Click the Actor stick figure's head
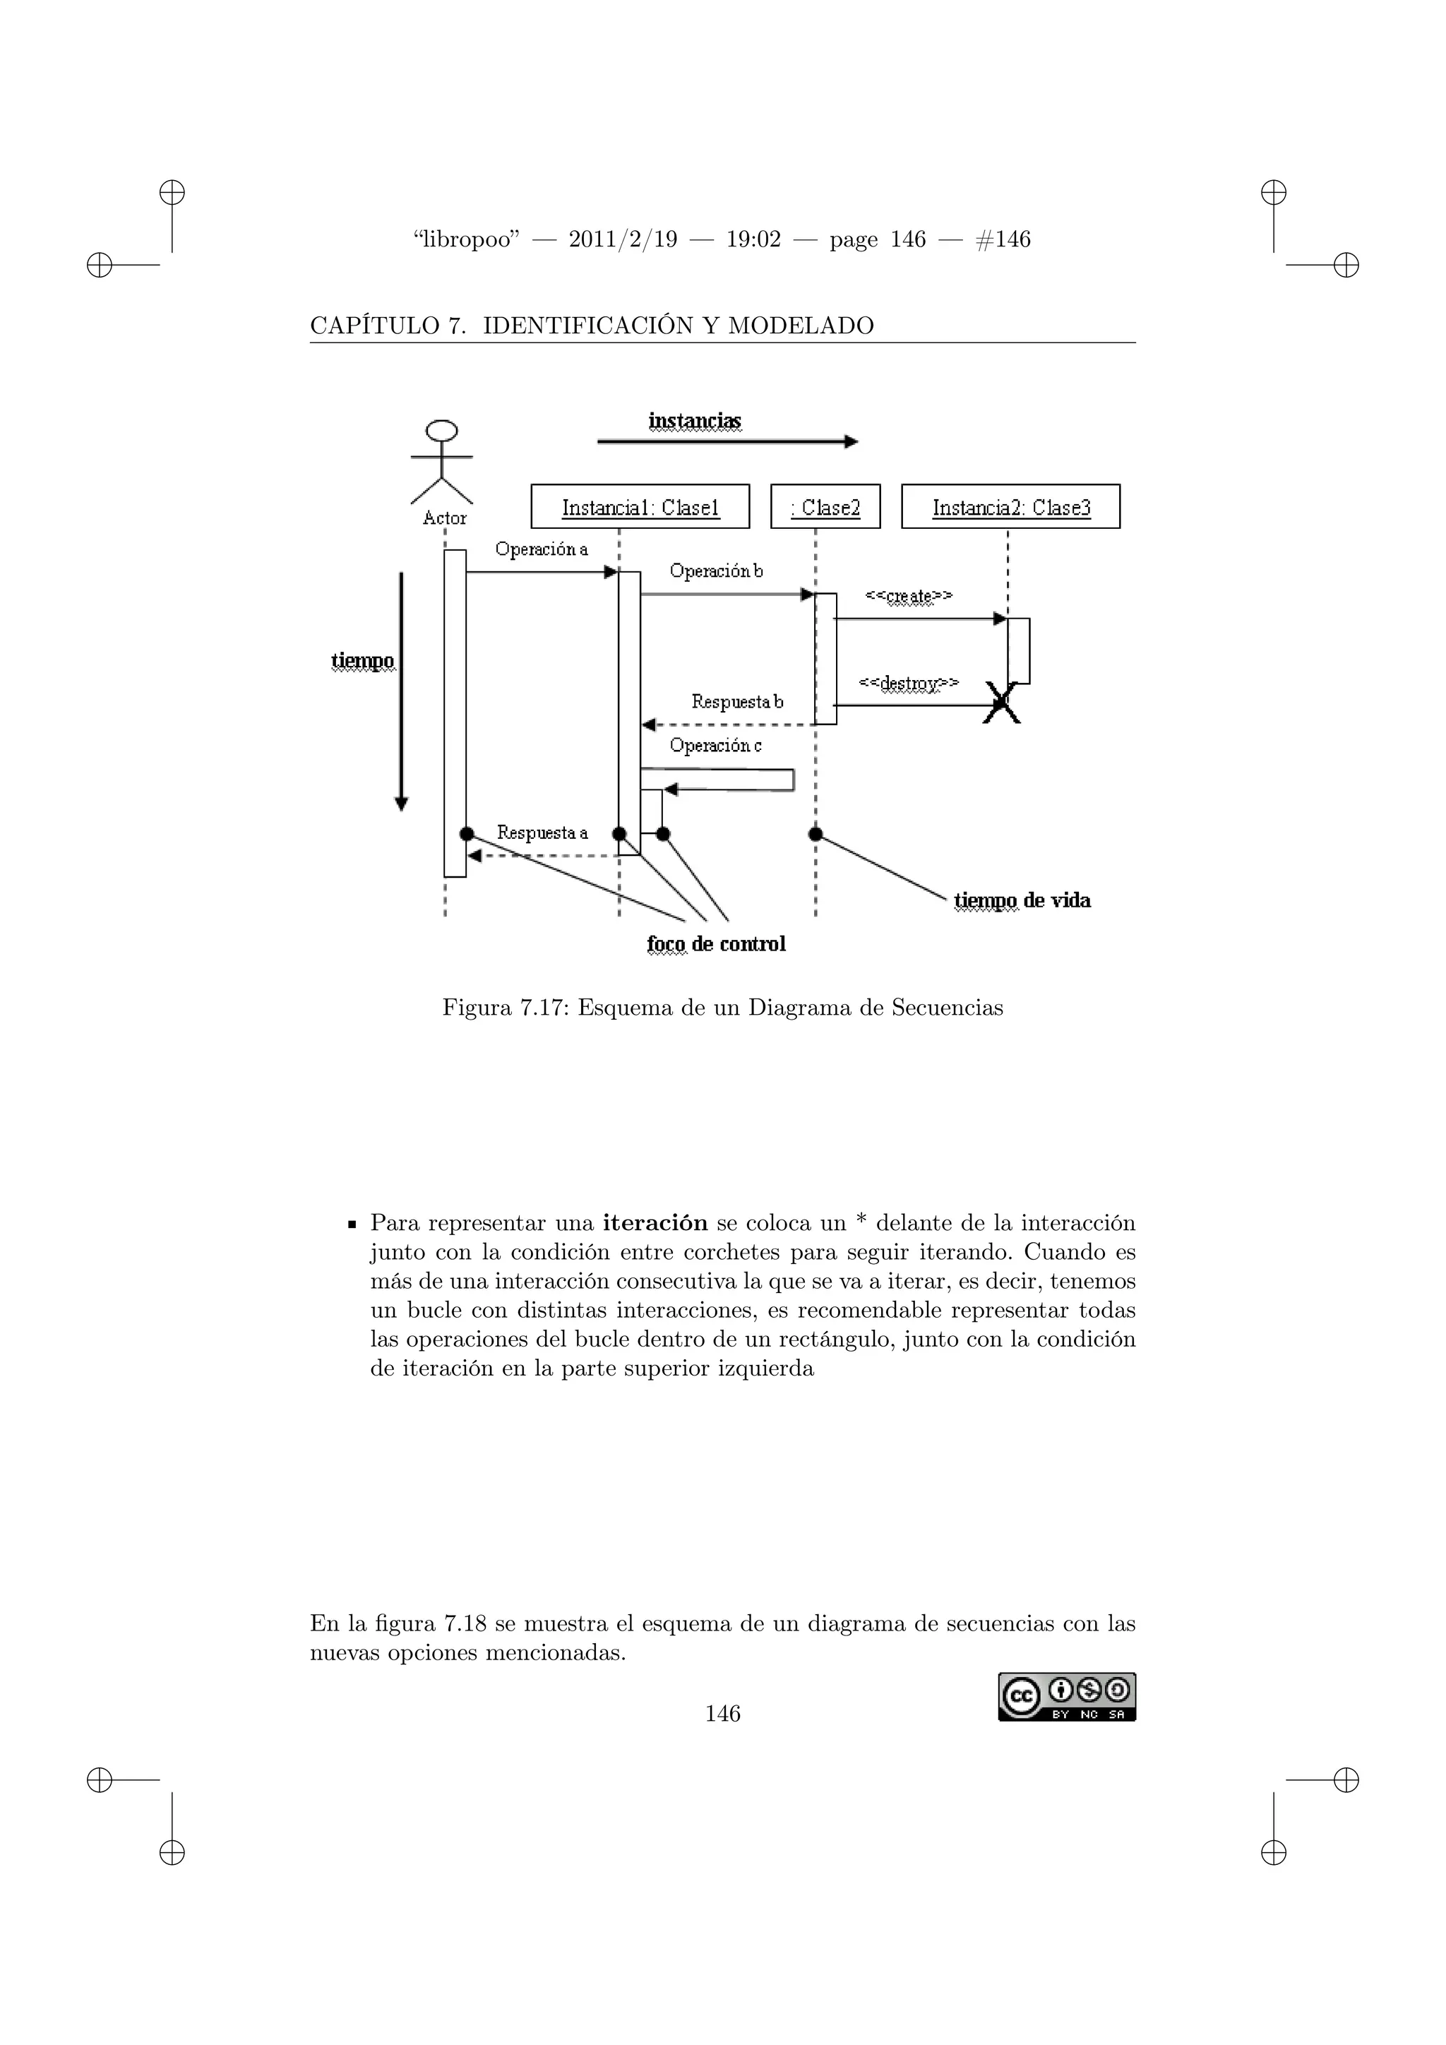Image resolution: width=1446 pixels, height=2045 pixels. (x=441, y=431)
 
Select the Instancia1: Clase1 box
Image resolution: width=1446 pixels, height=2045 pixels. (x=640, y=507)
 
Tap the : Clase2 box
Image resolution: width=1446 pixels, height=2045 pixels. (x=825, y=507)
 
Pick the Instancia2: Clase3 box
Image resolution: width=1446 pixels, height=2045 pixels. (x=1010, y=507)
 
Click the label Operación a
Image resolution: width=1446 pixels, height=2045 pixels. (x=542, y=549)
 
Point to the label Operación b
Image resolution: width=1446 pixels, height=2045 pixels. (x=716, y=571)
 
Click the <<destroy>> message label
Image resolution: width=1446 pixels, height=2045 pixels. (x=908, y=683)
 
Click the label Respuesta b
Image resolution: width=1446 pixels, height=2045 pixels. (x=737, y=702)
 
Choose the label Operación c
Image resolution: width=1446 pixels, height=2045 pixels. (x=716, y=746)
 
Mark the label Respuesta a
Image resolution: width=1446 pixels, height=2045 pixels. (x=542, y=833)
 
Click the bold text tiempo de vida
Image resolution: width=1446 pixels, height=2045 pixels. (x=1022, y=900)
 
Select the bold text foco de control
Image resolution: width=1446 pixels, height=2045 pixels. (x=717, y=944)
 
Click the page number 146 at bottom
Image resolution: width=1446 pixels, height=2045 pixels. (x=722, y=1713)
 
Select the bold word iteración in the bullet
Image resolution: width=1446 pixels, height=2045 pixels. (x=655, y=1223)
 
